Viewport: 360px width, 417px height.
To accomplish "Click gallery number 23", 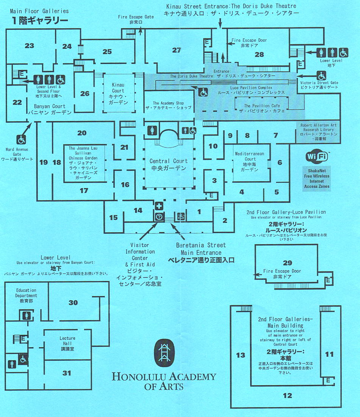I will click(29, 46).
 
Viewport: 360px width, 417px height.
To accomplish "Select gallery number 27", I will click(177, 50).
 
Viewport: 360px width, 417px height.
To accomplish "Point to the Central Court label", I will click(168, 165).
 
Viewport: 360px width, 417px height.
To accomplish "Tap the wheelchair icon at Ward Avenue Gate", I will click(21, 140).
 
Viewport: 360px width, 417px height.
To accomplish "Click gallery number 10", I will click(213, 146).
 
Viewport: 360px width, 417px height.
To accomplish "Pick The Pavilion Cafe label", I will click(260, 108).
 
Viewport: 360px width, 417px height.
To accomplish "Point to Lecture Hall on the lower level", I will click(67, 343).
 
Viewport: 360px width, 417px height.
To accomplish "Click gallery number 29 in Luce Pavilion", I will click(288, 262).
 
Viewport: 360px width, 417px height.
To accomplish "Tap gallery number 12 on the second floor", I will click(287, 395).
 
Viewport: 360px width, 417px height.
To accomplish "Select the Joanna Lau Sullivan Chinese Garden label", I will click(83, 163).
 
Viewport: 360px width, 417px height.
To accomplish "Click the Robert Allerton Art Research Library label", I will click(318, 132).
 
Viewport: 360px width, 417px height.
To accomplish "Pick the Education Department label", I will click(26, 295).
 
